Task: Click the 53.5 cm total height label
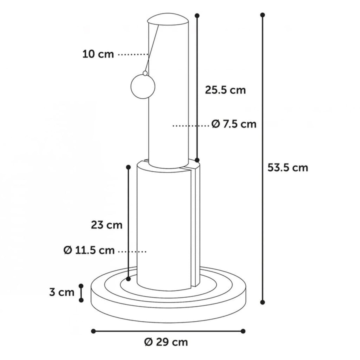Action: [287, 168]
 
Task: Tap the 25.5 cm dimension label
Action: [225, 90]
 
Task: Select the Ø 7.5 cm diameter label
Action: [234, 124]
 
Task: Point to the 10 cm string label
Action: [98, 54]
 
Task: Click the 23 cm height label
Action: [107, 225]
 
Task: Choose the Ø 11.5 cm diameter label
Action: [89, 250]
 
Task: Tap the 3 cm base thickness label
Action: [62, 292]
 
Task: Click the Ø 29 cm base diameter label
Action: [166, 342]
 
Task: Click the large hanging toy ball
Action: [143, 87]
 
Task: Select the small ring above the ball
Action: [145, 73]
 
